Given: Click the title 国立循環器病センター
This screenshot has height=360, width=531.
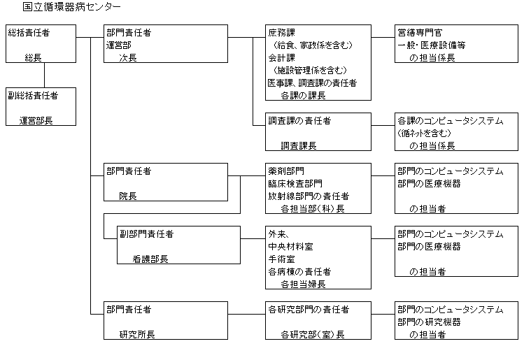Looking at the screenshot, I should click(71, 7).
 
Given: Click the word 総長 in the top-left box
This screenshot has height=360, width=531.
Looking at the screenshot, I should click(33, 57).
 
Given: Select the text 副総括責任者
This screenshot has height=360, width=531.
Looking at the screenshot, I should click(33, 94).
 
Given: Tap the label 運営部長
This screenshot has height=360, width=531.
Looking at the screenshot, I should click(37, 120).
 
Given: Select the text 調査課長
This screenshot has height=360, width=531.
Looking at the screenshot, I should click(299, 145).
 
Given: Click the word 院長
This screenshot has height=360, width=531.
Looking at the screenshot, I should click(128, 196).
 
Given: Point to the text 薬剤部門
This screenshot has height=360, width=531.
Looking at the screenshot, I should click(285, 171).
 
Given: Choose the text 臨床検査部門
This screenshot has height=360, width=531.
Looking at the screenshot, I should click(295, 183).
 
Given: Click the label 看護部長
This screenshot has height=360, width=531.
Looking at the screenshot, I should click(150, 259).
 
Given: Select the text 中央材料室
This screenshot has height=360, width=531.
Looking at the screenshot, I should click(290, 246).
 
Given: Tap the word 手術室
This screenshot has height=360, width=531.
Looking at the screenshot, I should click(281, 259).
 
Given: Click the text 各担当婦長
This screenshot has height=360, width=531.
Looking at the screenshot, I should click(303, 284).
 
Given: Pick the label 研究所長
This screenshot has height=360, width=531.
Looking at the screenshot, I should click(137, 334).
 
